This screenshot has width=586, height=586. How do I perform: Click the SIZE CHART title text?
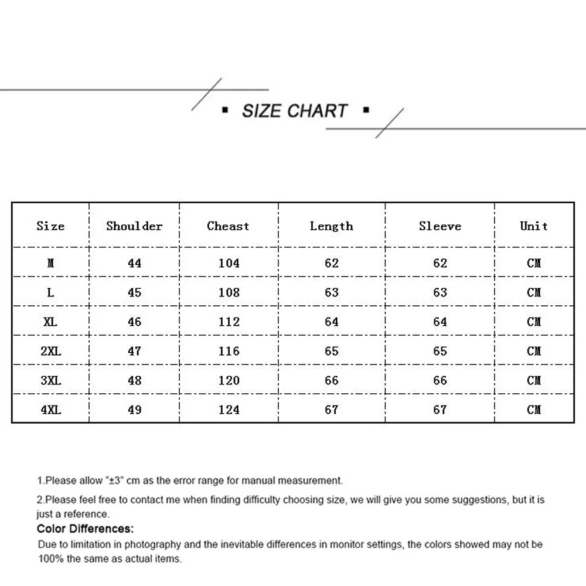tap(295, 111)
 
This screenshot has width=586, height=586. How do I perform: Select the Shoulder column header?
tap(134, 226)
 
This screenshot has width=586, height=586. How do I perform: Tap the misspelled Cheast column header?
tap(228, 226)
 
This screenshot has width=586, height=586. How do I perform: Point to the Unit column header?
tap(534, 226)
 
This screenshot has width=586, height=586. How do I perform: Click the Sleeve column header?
tap(439, 226)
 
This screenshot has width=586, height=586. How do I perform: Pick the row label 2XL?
tap(51, 351)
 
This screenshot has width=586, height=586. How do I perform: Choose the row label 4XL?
tap(51, 410)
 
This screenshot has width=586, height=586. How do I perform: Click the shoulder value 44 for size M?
tap(134, 263)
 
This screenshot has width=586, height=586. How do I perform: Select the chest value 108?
tap(229, 292)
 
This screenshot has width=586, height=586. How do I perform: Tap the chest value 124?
tap(229, 410)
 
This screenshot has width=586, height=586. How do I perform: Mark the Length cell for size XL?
tap(332, 322)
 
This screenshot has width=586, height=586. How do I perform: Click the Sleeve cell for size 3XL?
tap(440, 380)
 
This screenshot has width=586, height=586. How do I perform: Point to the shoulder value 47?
tap(134, 351)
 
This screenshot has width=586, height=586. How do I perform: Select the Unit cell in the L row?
tap(534, 292)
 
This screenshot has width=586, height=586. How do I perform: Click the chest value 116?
tap(229, 351)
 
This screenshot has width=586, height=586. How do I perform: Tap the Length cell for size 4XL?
tap(332, 410)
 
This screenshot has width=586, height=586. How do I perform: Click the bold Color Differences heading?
tap(86, 529)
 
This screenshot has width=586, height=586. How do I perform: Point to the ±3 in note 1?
tap(114, 481)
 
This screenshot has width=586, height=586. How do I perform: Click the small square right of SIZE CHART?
tap(366, 110)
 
